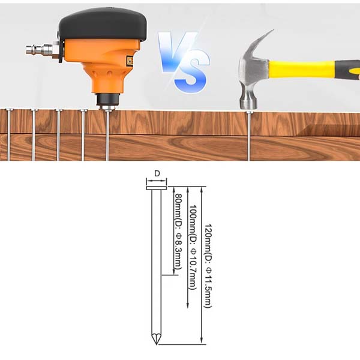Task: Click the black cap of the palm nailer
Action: coord(102,25)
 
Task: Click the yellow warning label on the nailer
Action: coord(130,61)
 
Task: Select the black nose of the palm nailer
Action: coord(108,99)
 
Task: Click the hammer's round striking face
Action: coord(248,104)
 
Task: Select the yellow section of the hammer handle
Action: coord(301,68)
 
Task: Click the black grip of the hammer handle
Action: coord(347,70)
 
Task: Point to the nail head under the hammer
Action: coord(248,112)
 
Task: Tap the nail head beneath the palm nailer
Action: coord(107,110)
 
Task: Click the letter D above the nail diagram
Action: coord(157,173)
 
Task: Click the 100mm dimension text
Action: coord(193,247)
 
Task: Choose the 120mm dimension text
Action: coord(208,266)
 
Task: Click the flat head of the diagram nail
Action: coord(157,188)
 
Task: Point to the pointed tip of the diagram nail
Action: coord(157,344)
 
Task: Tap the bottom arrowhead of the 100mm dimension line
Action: coord(188,305)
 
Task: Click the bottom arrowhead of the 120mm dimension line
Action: coord(202,341)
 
